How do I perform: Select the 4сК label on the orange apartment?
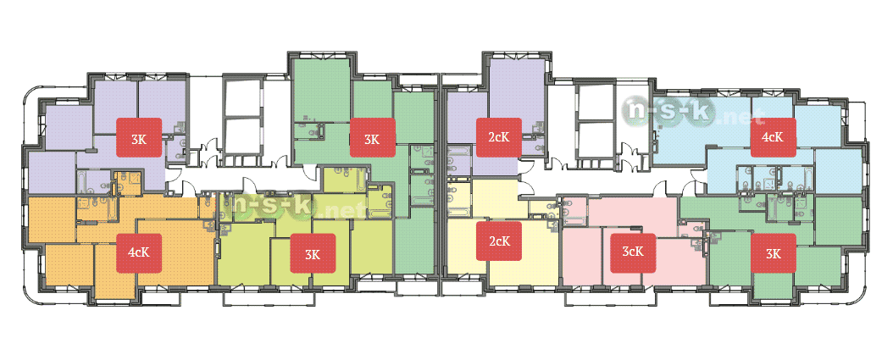pyautogui.click(x=139, y=253)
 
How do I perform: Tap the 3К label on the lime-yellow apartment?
pyautogui.click(x=313, y=253)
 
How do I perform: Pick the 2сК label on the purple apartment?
pyautogui.click(x=499, y=136)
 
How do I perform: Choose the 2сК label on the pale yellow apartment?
pyautogui.click(x=499, y=241)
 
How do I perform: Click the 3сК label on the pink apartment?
pyautogui.click(x=633, y=252)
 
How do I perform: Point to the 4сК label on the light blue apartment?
pyautogui.click(x=773, y=136)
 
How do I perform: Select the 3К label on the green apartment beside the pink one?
pyautogui.click(x=773, y=253)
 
